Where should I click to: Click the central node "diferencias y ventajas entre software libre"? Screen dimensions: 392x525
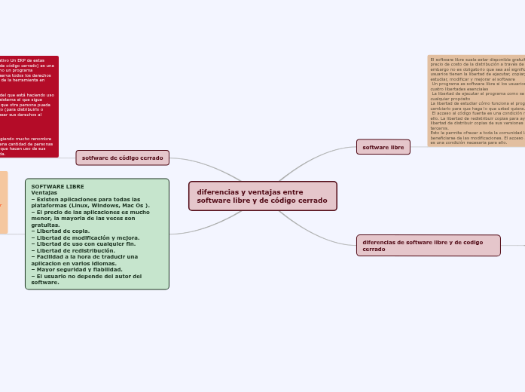pos(262,196)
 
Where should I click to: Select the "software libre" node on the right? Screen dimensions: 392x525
pos(383,147)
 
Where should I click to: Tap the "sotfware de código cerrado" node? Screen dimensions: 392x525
pos(122,158)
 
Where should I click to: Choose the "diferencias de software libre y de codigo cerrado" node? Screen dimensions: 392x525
pos(428,245)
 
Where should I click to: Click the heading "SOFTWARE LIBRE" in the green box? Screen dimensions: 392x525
pos(57,186)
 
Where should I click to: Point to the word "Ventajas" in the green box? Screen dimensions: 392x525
pos(44,192)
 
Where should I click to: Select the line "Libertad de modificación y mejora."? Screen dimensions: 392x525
pos(87,237)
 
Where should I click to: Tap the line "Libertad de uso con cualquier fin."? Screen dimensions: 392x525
pos(84,243)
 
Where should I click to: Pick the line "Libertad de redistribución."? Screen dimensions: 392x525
pos(75,250)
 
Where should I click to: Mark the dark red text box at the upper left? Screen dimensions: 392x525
pos(29,106)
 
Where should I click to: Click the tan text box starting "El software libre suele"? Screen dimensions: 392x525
pos(476,100)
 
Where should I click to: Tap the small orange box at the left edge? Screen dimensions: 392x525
pos(3,202)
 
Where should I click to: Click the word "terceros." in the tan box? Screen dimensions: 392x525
pos(440,127)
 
